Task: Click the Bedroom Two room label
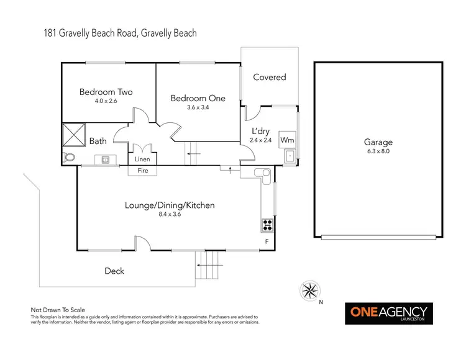coord(106,92)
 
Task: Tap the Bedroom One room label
coord(198,98)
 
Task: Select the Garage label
coord(378,142)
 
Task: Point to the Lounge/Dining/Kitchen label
coord(170,205)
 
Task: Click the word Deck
coord(114,271)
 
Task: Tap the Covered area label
coord(270,78)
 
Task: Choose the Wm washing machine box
coord(287,140)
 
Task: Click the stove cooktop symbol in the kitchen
coord(268,224)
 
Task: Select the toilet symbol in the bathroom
coord(70,158)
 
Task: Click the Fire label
coord(143,170)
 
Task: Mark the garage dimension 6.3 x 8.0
coord(378,151)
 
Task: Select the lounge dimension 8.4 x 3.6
coord(170,215)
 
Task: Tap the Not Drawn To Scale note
coord(58,309)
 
